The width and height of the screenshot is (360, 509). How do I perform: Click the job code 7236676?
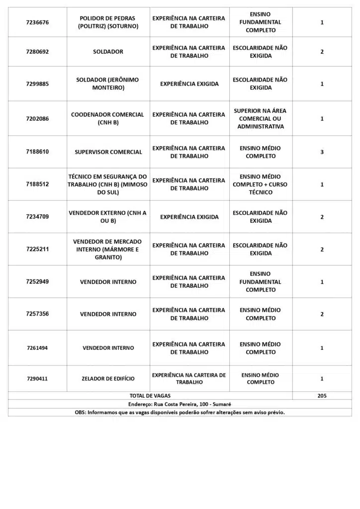click(37, 22)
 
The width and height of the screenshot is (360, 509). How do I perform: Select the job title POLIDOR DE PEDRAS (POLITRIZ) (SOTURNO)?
click(108, 22)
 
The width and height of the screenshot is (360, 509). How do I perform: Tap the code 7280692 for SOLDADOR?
click(37, 52)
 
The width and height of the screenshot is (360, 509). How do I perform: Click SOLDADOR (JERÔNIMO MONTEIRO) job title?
click(108, 84)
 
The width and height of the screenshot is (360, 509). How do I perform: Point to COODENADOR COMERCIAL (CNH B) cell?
click(108, 118)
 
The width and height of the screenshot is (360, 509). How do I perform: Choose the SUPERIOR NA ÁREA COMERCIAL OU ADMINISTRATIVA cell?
click(261, 118)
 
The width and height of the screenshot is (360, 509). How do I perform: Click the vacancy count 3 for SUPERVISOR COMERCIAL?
click(322, 152)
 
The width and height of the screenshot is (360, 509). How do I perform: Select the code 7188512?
click(37, 184)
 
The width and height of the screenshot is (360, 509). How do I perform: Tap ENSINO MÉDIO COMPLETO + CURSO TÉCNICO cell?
click(261, 184)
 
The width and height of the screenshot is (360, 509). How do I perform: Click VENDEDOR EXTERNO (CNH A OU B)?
click(108, 217)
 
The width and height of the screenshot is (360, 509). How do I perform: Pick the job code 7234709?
click(37, 217)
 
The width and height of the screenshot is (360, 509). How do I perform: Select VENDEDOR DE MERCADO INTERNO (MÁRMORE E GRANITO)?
click(108, 249)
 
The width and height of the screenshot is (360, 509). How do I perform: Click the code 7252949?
click(37, 282)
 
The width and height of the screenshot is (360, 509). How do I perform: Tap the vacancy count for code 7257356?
click(322, 314)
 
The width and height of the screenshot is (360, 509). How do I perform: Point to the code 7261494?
click(37, 348)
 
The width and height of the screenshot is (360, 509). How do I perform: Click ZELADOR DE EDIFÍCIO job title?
click(108, 379)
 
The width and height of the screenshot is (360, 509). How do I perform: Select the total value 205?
click(322, 396)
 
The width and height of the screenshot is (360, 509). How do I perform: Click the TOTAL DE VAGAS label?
click(150, 396)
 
